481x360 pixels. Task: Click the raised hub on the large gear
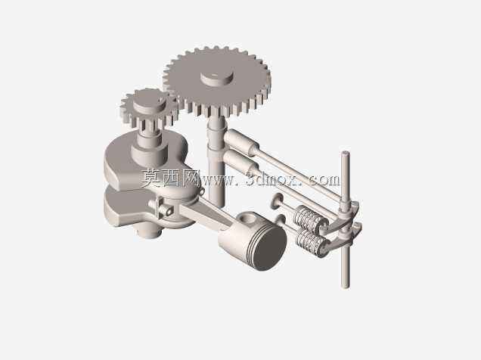[x=217, y=79]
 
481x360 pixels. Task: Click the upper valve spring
[x=307, y=217]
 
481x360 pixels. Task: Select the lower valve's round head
[x=280, y=219]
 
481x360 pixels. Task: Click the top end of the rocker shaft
[x=345, y=154]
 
